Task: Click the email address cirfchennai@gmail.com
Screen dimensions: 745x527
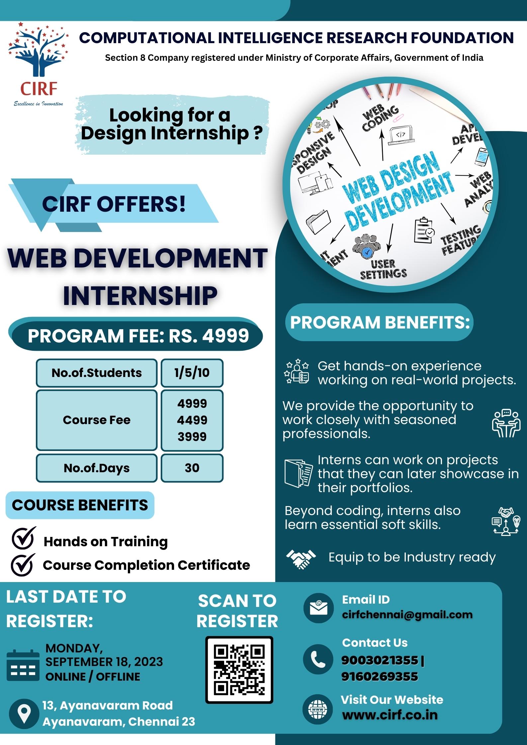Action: (x=407, y=615)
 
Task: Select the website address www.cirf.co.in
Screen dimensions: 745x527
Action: (x=390, y=715)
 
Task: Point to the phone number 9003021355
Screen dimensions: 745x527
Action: (x=380, y=660)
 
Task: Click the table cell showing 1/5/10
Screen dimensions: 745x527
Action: (x=192, y=373)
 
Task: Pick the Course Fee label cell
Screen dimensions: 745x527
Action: (x=97, y=420)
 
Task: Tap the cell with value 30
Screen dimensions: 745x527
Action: (x=192, y=468)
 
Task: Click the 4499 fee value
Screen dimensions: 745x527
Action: (x=192, y=420)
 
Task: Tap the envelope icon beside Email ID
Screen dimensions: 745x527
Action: (x=318, y=608)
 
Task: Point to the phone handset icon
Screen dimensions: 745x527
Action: (x=318, y=659)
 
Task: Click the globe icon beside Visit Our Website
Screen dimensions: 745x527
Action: (x=318, y=709)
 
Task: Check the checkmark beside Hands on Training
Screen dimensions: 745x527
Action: (x=23, y=538)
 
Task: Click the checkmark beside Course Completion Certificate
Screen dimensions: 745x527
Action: (x=23, y=564)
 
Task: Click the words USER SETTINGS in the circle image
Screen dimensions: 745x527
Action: (x=383, y=269)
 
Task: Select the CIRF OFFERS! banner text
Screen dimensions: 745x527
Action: (x=114, y=204)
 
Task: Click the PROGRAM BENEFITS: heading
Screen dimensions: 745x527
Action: (x=380, y=322)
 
